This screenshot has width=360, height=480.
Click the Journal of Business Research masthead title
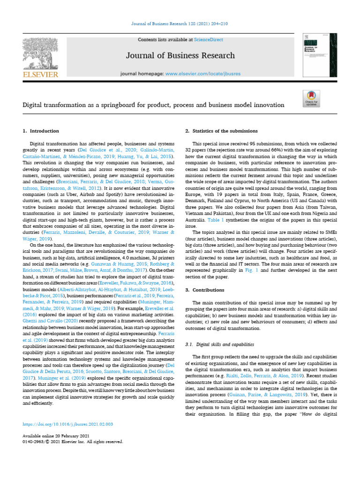(180, 56)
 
